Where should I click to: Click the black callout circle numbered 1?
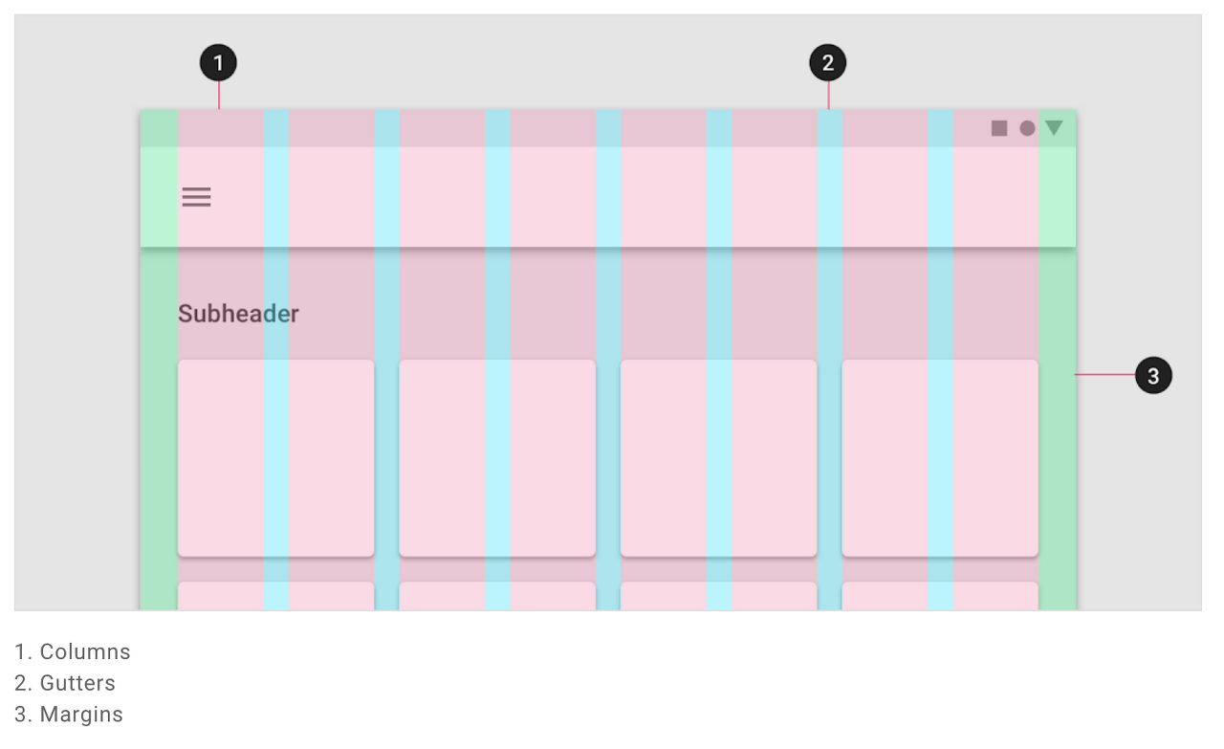coord(218,64)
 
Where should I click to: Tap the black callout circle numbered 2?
coord(827,64)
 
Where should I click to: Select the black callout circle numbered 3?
coord(1153,376)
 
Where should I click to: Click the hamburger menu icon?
coord(197,197)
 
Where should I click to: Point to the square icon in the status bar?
coord(999,128)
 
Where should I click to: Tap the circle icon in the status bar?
coord(1027,128)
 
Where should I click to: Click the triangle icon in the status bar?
coord(1054,127)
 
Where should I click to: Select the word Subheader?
coord(238,314)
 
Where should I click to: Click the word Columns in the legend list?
coord(85,652)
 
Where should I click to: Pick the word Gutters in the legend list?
coord(77,684)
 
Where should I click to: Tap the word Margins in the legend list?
coord(81,715)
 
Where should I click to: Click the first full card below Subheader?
coord(275,457)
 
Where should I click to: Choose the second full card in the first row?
coord(497,457)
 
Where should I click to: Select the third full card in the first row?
coord(718,457)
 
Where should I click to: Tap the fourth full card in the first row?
coord(940,457)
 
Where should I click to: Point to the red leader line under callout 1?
coord(219,96)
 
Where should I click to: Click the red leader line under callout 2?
coord(828,96)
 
